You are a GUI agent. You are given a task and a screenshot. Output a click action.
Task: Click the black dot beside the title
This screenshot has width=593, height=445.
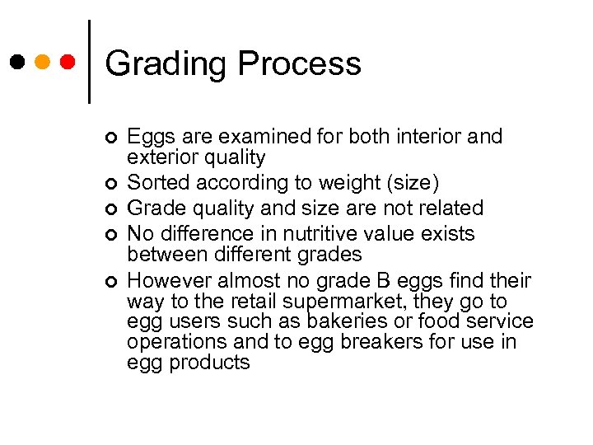(17, 62)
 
